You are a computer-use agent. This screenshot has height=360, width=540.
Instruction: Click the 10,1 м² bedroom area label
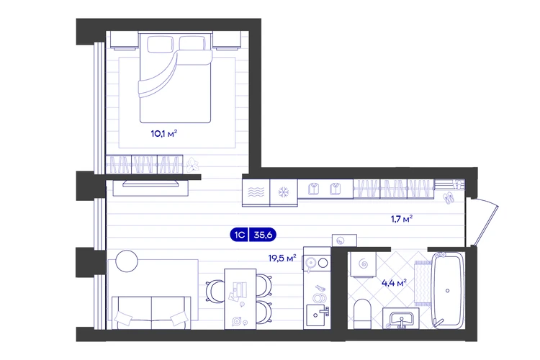[164, 134]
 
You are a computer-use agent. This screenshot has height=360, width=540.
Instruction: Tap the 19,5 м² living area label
[282, 258]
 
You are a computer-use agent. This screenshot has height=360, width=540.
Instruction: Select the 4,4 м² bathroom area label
[394, 283]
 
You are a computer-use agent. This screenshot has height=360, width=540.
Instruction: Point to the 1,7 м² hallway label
[402, 218]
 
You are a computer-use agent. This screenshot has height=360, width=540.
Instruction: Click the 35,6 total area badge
[263, 235]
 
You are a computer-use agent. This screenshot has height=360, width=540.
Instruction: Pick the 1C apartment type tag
[239, 235]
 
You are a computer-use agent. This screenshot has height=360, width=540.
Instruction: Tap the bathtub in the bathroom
[448, 290]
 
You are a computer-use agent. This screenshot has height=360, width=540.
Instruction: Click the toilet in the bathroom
[361, 313]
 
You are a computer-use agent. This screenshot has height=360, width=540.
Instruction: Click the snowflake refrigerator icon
[284, 192]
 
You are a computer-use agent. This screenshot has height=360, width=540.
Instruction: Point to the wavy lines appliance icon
[256, 192]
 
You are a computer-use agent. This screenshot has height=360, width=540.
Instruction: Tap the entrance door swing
[485, 222]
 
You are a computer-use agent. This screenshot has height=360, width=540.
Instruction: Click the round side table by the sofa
[127, 261]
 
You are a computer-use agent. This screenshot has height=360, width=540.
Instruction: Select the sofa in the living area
[151, 312]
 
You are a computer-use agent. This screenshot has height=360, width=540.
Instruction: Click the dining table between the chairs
[240, 299]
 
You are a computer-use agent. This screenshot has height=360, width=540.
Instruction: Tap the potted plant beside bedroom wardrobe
[192, 165]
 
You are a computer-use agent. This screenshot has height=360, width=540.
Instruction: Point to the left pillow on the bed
[160, 44]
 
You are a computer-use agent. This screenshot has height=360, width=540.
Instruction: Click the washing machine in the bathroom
[363, 264]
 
